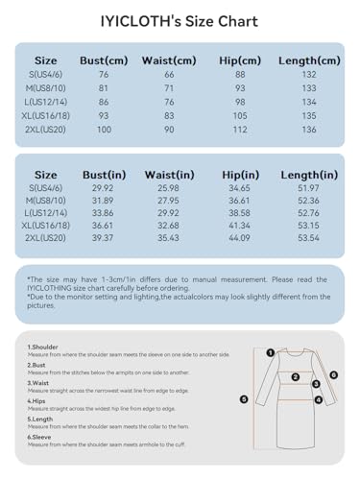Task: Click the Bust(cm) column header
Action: click(x=104, y=60)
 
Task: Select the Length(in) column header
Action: click(x=308, y=175)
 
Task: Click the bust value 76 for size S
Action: click(x=103, y=75)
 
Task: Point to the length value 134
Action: click(x=308, y=102)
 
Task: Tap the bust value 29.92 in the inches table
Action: click(x=103, y=188)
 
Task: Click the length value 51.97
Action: click(x=308, y=188)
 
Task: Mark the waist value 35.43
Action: click(x=169, y=236)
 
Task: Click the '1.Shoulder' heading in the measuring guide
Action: click(x=43, y=347)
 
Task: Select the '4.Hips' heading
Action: click(x=36, y=400)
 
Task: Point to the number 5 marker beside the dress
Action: click(x=244, y=398)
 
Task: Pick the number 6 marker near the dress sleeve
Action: click(x=333, y=375)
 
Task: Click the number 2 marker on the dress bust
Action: click(x=296, y=378)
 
